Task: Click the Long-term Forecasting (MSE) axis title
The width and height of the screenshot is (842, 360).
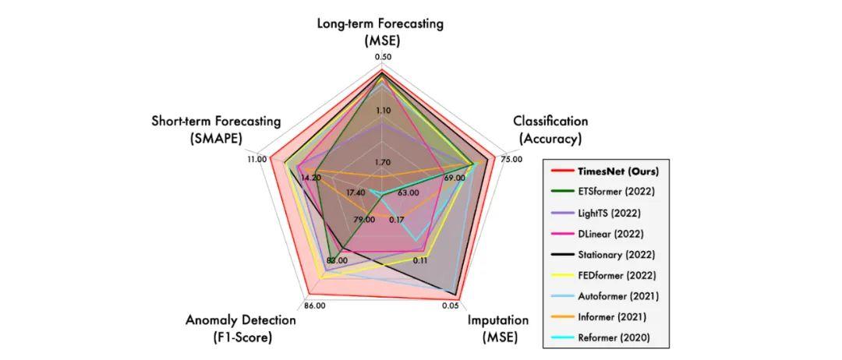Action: tap(380, 31)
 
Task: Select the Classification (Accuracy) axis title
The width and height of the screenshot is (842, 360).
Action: tap(550, 129)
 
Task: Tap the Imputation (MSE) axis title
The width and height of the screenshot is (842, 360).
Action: tap(497, 328)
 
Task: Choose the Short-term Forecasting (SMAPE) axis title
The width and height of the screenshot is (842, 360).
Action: tap(216, 129)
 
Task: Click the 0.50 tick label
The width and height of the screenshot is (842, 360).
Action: tap(383, 57)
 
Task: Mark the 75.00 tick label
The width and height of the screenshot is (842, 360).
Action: tap(511, 159)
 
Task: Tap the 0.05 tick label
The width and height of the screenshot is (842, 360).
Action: tap(451, 305)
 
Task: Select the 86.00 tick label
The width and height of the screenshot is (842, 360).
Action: tap(315, 305)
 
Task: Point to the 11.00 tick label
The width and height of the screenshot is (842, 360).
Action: tap(256, 159)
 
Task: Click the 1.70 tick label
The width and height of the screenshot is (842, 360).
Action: tap(383, 162)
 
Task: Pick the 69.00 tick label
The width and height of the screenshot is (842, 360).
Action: tap(454, 178)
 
